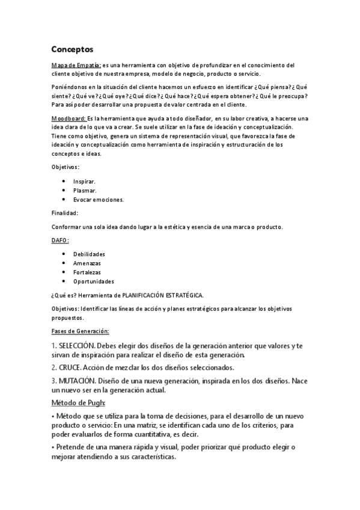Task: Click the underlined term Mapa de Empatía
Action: click(76, 65)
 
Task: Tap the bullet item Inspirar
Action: click(84, 181)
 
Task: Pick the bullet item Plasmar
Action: click(85, 190)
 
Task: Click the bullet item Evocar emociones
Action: click(99, 200)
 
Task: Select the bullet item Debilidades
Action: click(89, 254)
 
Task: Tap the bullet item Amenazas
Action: click(87, 263)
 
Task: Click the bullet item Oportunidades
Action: click(94, 281)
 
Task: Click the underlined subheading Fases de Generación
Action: click(80, 331)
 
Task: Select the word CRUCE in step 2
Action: click(69, 367)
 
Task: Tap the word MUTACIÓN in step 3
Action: click(77, 381)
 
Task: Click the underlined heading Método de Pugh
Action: click(78, 402)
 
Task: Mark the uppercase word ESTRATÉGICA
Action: click(178, 295)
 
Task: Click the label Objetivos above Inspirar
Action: click(64, 167)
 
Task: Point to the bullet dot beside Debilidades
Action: click(64, 254)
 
